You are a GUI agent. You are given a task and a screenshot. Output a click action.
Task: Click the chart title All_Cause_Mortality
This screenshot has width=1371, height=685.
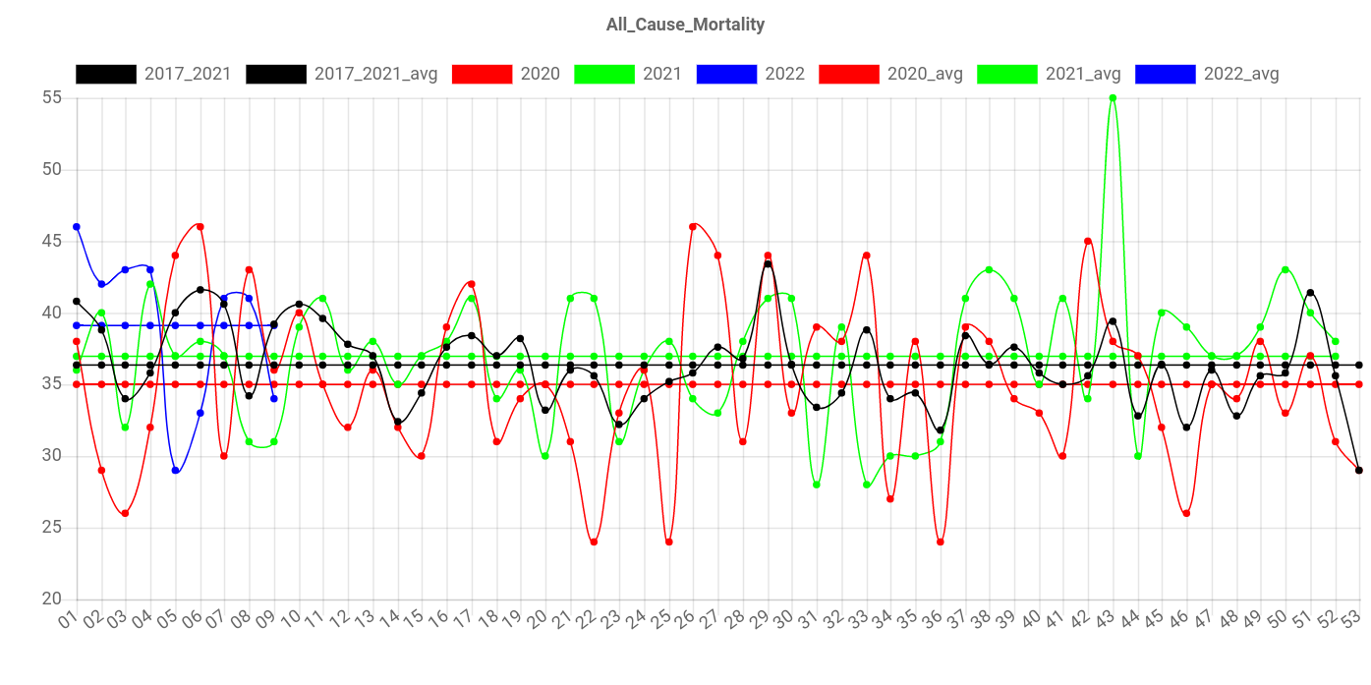(685, 25)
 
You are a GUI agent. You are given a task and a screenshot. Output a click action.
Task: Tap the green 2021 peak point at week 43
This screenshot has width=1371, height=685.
(1113, 98)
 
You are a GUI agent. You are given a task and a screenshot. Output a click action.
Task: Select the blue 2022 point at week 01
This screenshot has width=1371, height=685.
(76, 227)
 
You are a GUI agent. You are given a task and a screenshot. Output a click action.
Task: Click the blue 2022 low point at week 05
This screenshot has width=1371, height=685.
(175, 471)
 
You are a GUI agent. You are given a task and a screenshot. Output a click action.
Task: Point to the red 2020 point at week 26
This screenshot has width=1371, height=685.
(693, 227)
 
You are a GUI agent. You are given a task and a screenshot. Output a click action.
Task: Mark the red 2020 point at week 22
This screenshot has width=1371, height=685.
(594, 542)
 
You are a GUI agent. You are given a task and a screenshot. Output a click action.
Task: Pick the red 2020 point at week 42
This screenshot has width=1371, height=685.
(1088, 241)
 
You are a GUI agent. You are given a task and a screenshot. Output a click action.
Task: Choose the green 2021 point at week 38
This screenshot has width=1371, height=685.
(989, 269)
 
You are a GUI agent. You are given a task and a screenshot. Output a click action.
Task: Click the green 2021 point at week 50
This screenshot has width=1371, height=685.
(1285, 269)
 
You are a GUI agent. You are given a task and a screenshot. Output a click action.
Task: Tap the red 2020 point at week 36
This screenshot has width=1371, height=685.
(941, 542)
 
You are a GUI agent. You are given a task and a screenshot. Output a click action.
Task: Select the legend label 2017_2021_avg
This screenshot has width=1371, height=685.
(375, 74)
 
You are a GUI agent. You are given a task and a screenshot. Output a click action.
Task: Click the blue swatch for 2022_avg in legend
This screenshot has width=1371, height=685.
(1166, 74)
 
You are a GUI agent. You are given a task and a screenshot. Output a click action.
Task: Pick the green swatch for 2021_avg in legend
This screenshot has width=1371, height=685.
(1007, 74)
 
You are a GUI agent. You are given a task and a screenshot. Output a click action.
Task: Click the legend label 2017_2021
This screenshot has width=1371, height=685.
(188, 74)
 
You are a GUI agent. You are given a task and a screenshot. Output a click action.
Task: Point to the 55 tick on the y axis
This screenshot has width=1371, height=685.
(52, 97)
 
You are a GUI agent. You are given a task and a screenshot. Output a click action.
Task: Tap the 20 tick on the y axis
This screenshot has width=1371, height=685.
(52, 598)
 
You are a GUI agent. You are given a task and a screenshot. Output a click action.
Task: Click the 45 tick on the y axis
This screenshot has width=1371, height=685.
(52, 241)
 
